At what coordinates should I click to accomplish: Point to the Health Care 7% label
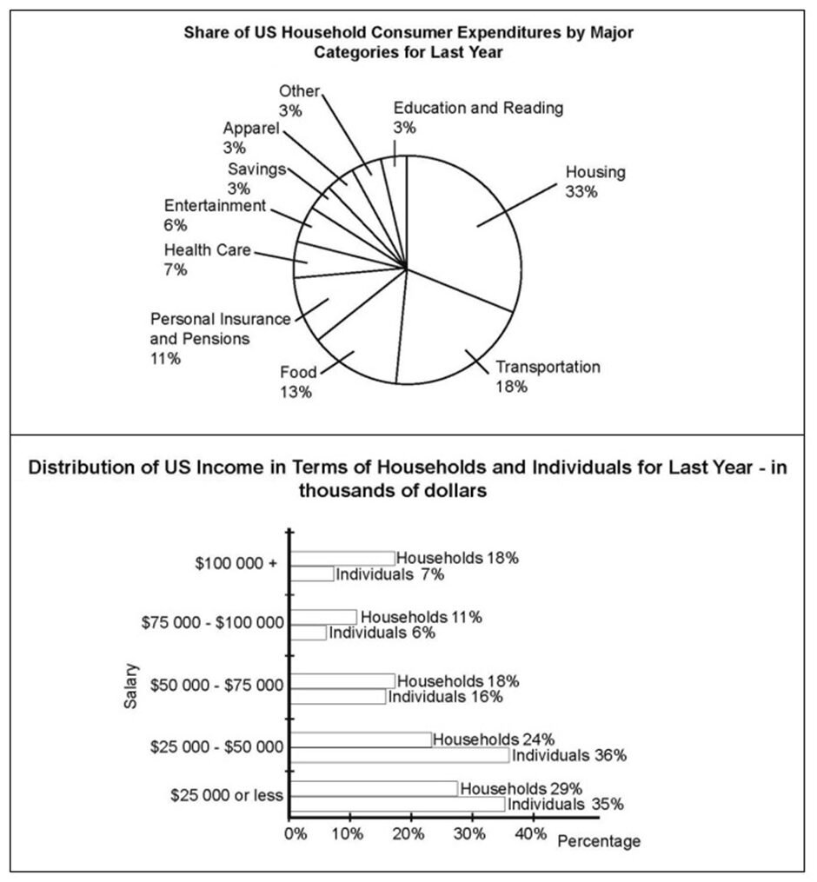pos(208,260)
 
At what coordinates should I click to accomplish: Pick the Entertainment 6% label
pos(214,215)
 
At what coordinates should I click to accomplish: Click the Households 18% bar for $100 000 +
pos(342,558)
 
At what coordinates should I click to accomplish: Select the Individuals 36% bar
pos(400,755)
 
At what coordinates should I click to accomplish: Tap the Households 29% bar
pos(375,788)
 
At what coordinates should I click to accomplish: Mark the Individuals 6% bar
pos(309,633)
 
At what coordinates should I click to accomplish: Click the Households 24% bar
pos(361,739)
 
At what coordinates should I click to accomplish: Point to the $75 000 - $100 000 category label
pos(213,622)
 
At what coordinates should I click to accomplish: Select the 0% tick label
pos(296,833)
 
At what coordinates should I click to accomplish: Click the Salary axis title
pos(130,686)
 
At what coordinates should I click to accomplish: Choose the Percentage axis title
pos(598,841)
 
